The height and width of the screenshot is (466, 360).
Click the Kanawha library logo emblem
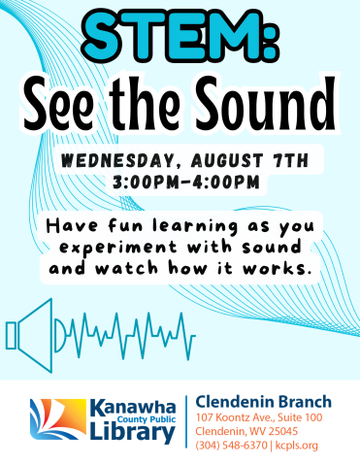(51, 420)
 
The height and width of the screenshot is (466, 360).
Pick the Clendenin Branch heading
(263, 401)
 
